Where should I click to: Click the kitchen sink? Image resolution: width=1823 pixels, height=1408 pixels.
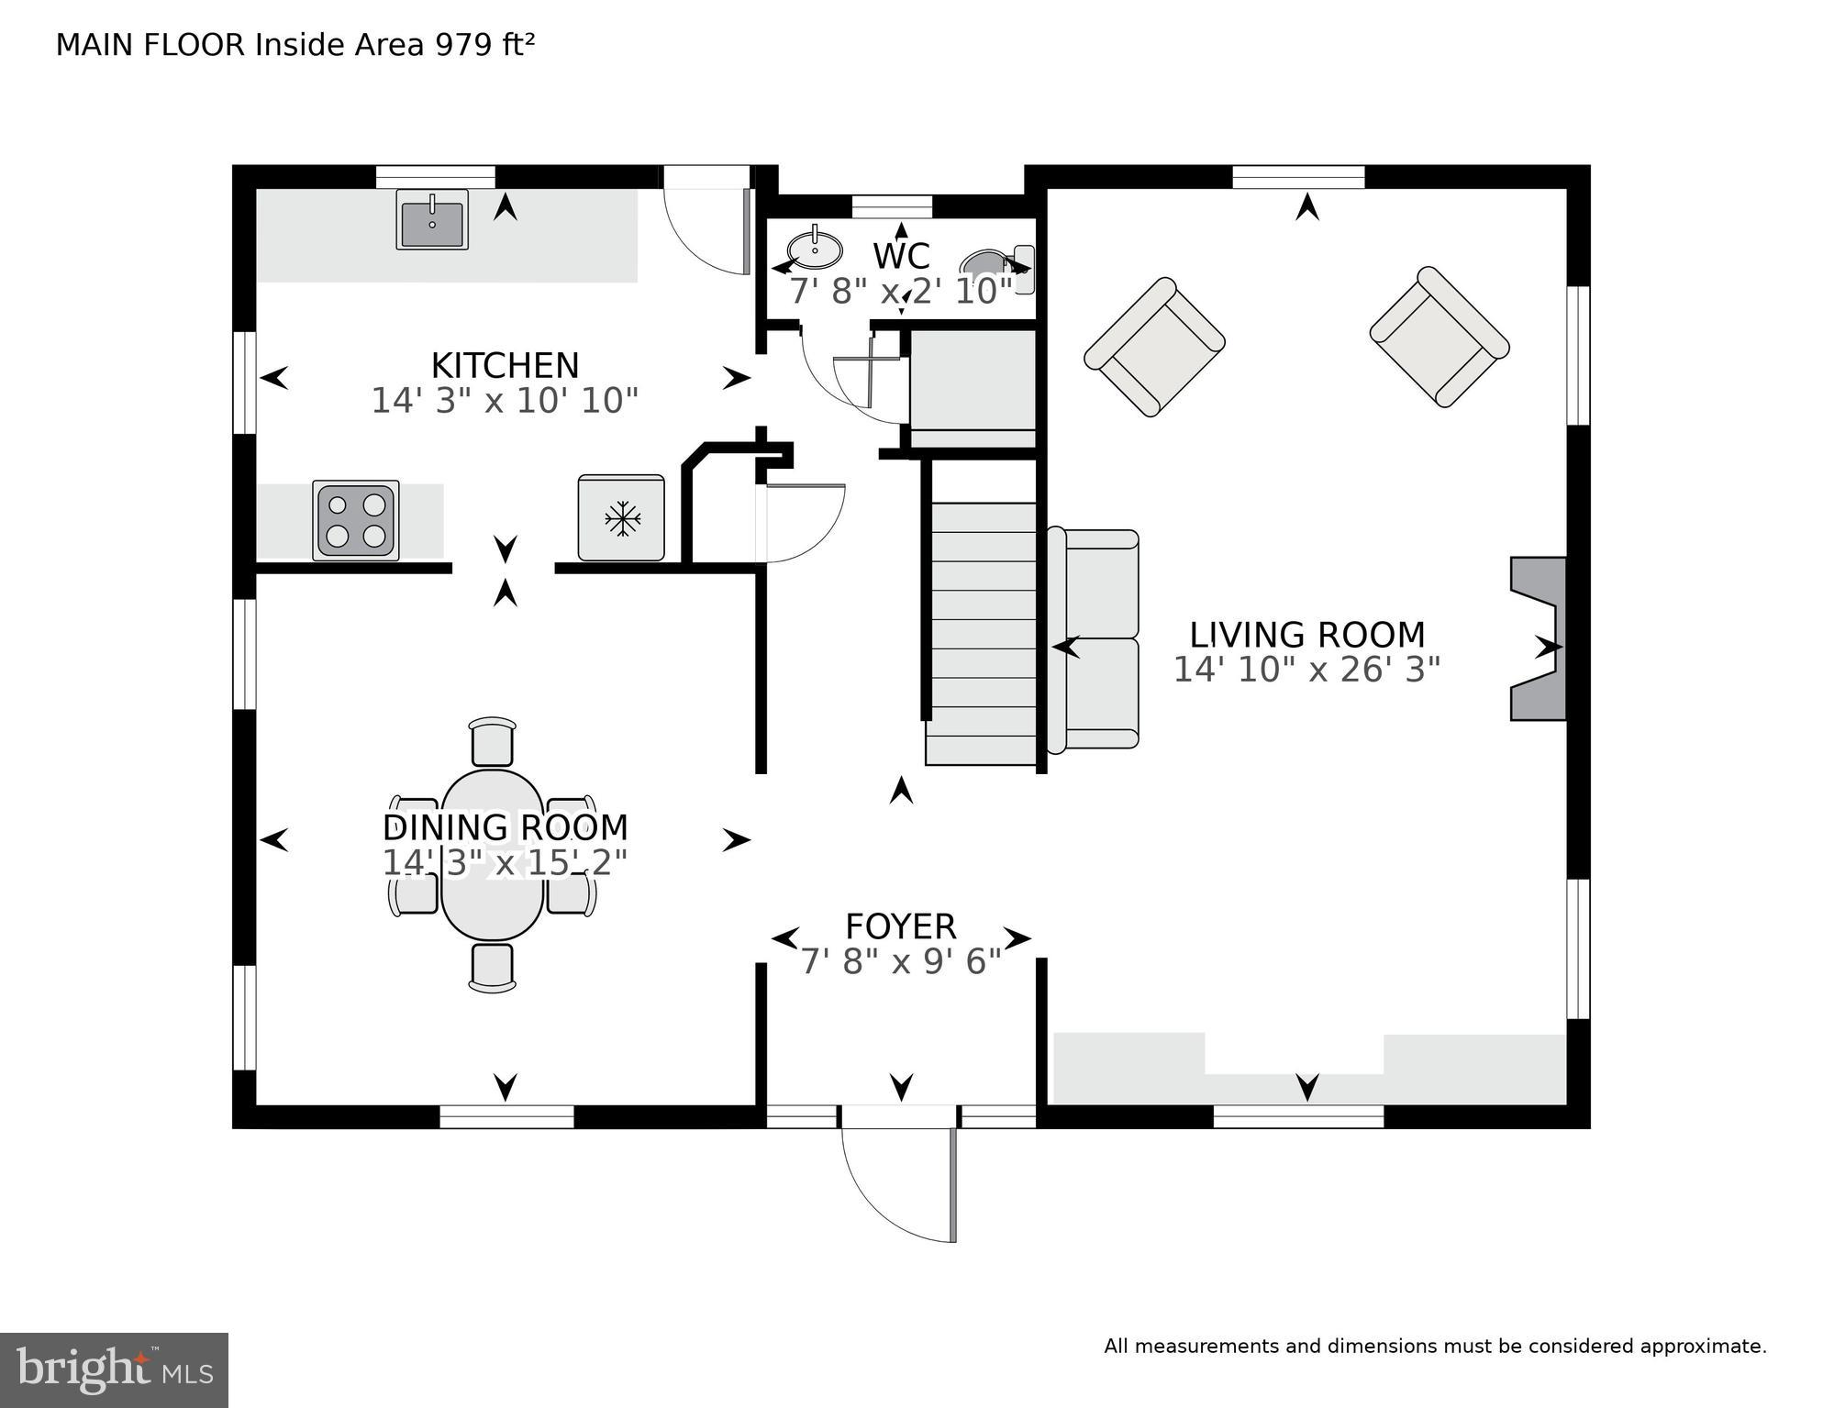coord(432,219)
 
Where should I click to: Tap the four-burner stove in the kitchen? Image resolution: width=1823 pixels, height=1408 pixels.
coord(356,519)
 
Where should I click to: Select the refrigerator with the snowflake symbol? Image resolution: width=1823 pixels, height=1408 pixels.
coord(621,518)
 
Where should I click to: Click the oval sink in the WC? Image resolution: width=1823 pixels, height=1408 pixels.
coord(815,249)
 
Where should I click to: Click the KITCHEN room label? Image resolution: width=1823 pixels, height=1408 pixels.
coord(505,365)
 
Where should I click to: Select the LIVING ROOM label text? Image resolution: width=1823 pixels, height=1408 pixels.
coord(1306,635)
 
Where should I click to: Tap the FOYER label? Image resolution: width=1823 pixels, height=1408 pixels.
coord(900,926)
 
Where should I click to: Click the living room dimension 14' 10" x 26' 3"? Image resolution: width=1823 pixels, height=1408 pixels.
coord(1306,671)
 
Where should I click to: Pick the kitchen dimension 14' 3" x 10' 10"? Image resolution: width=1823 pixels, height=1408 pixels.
coord(505,401)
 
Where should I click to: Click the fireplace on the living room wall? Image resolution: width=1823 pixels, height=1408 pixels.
coord(1539,638)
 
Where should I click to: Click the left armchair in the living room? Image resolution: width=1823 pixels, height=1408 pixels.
coord(1154,347)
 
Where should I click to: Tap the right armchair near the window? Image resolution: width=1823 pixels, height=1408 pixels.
coord(1439,337)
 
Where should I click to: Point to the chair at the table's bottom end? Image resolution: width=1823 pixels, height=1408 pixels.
coord(493,967)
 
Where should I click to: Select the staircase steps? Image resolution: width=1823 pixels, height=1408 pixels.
coord(982,633)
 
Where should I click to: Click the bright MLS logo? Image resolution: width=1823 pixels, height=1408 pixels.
coord(114,1370)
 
